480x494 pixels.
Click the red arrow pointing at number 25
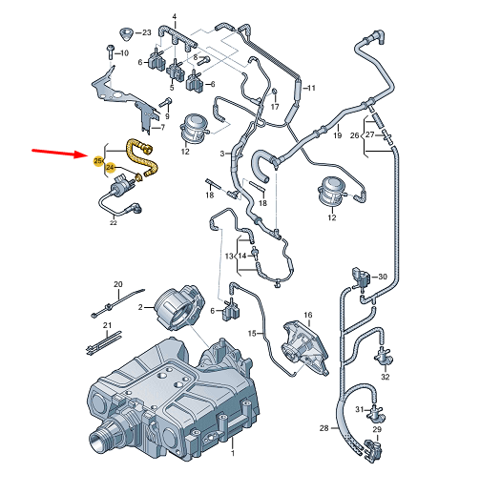coord(57,154)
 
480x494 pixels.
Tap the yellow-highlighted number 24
coord(112,168)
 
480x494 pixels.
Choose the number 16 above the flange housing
coord(307,315)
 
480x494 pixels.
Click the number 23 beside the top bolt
coord(146,32)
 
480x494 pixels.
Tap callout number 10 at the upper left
coord(123,52)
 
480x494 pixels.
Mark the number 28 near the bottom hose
coord(323,427)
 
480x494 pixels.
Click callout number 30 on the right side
coord(383,277)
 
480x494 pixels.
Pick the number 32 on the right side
coord(386,378)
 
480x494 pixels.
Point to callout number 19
coord(337,137)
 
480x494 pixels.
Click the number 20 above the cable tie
coord(118,284)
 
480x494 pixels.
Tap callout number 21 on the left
coord(107,327)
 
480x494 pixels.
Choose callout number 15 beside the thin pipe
coord(254,333)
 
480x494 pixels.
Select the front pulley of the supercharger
coord(101,442)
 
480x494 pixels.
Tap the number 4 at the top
coord(175,17)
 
